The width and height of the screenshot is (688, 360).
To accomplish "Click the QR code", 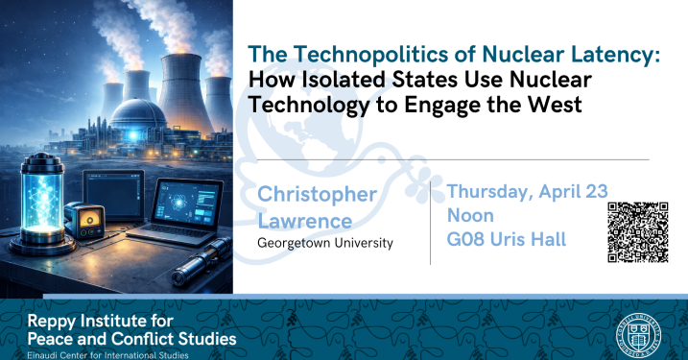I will click(637, 231).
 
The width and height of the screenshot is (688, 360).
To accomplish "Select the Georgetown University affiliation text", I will click(324, 244).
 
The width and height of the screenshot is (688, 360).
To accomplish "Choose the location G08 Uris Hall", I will click(506, 239).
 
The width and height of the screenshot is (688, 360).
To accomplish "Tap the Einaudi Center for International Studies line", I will click(107, 354).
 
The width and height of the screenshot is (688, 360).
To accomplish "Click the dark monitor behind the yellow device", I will click(107, 188).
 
